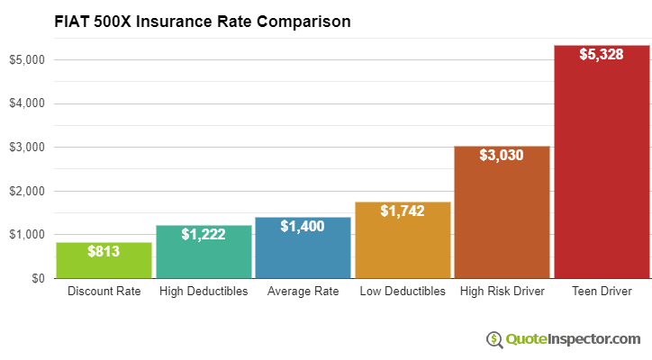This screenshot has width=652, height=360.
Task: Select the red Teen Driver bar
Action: click(x=602, y=171)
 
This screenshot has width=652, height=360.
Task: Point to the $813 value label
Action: click(x=104, y=251)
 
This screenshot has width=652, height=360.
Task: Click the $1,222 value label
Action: click(x=204, y=234)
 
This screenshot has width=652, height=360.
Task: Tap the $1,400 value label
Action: click(x=303, y=226)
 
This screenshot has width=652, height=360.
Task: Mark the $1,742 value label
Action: click(x=403, y=211)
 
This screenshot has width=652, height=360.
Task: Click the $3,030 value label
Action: click(x=502, y=155)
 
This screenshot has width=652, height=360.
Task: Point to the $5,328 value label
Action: click(x=602, y=55)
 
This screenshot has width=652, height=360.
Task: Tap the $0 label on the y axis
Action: click(x=37, y=278)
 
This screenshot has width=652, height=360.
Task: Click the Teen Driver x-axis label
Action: click(x=602, y=292)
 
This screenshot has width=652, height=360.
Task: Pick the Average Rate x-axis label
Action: click(x=303, y=292)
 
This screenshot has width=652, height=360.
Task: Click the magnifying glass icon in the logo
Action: click(x=494, y=338)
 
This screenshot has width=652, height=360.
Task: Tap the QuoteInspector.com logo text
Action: click(x=572, y=338)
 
